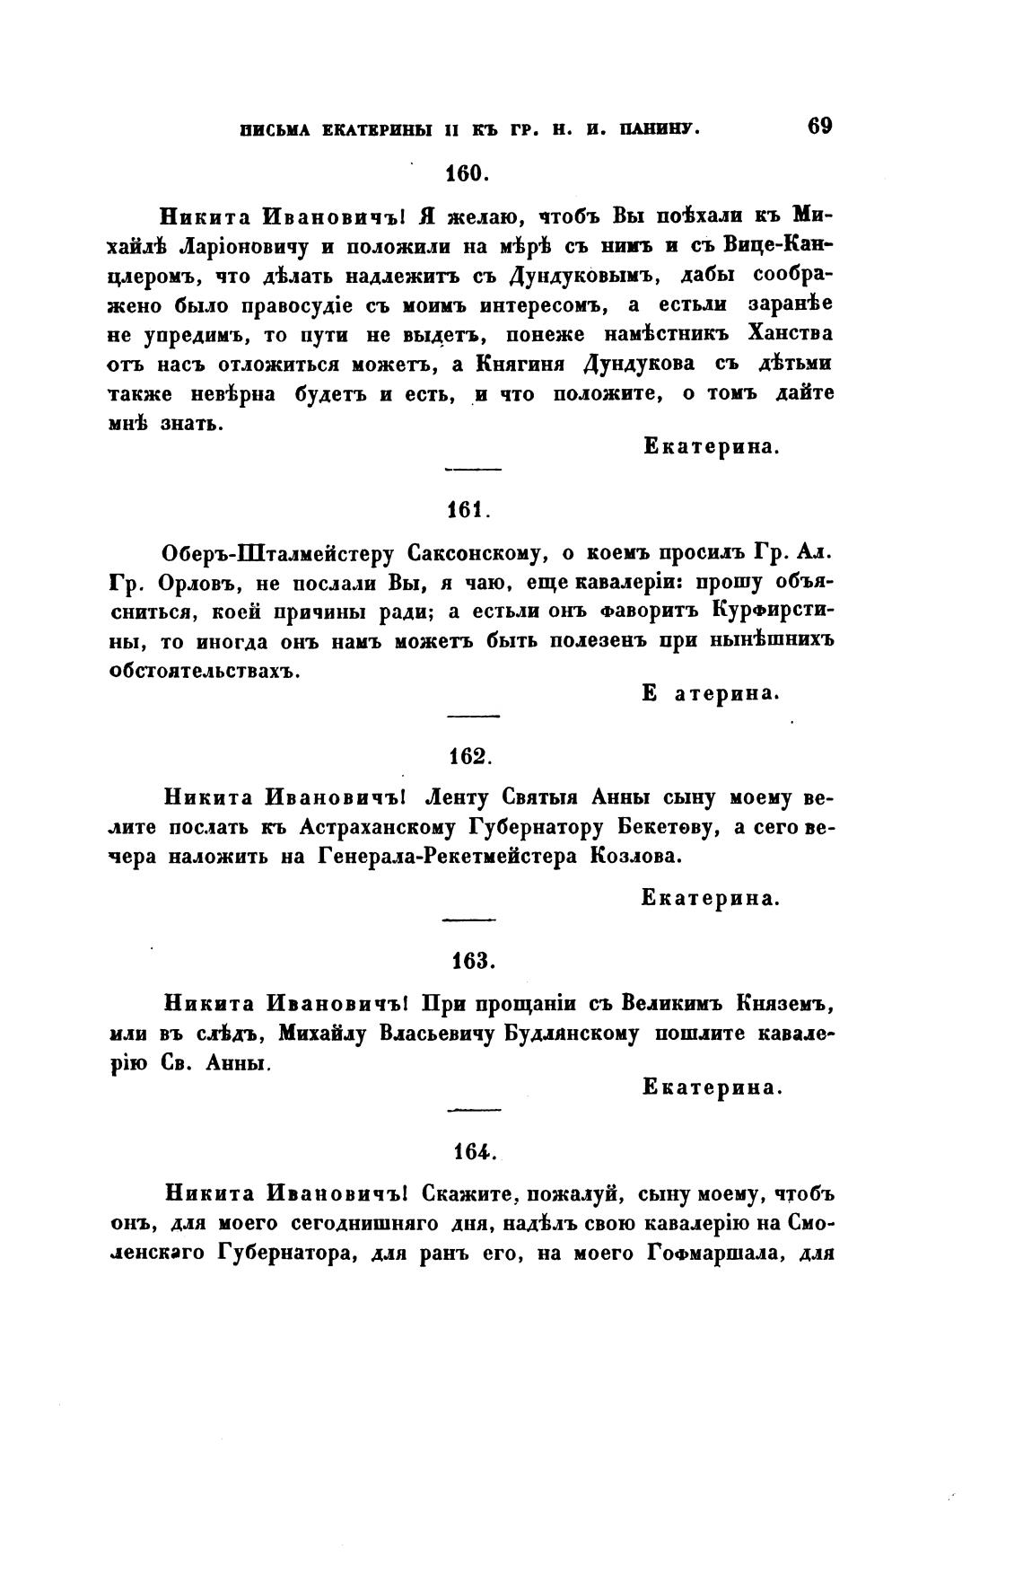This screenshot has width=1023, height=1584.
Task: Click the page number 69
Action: point(819,126)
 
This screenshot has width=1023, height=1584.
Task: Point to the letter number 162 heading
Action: point(469,756)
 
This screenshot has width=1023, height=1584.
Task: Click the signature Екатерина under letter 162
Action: point(709,897)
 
